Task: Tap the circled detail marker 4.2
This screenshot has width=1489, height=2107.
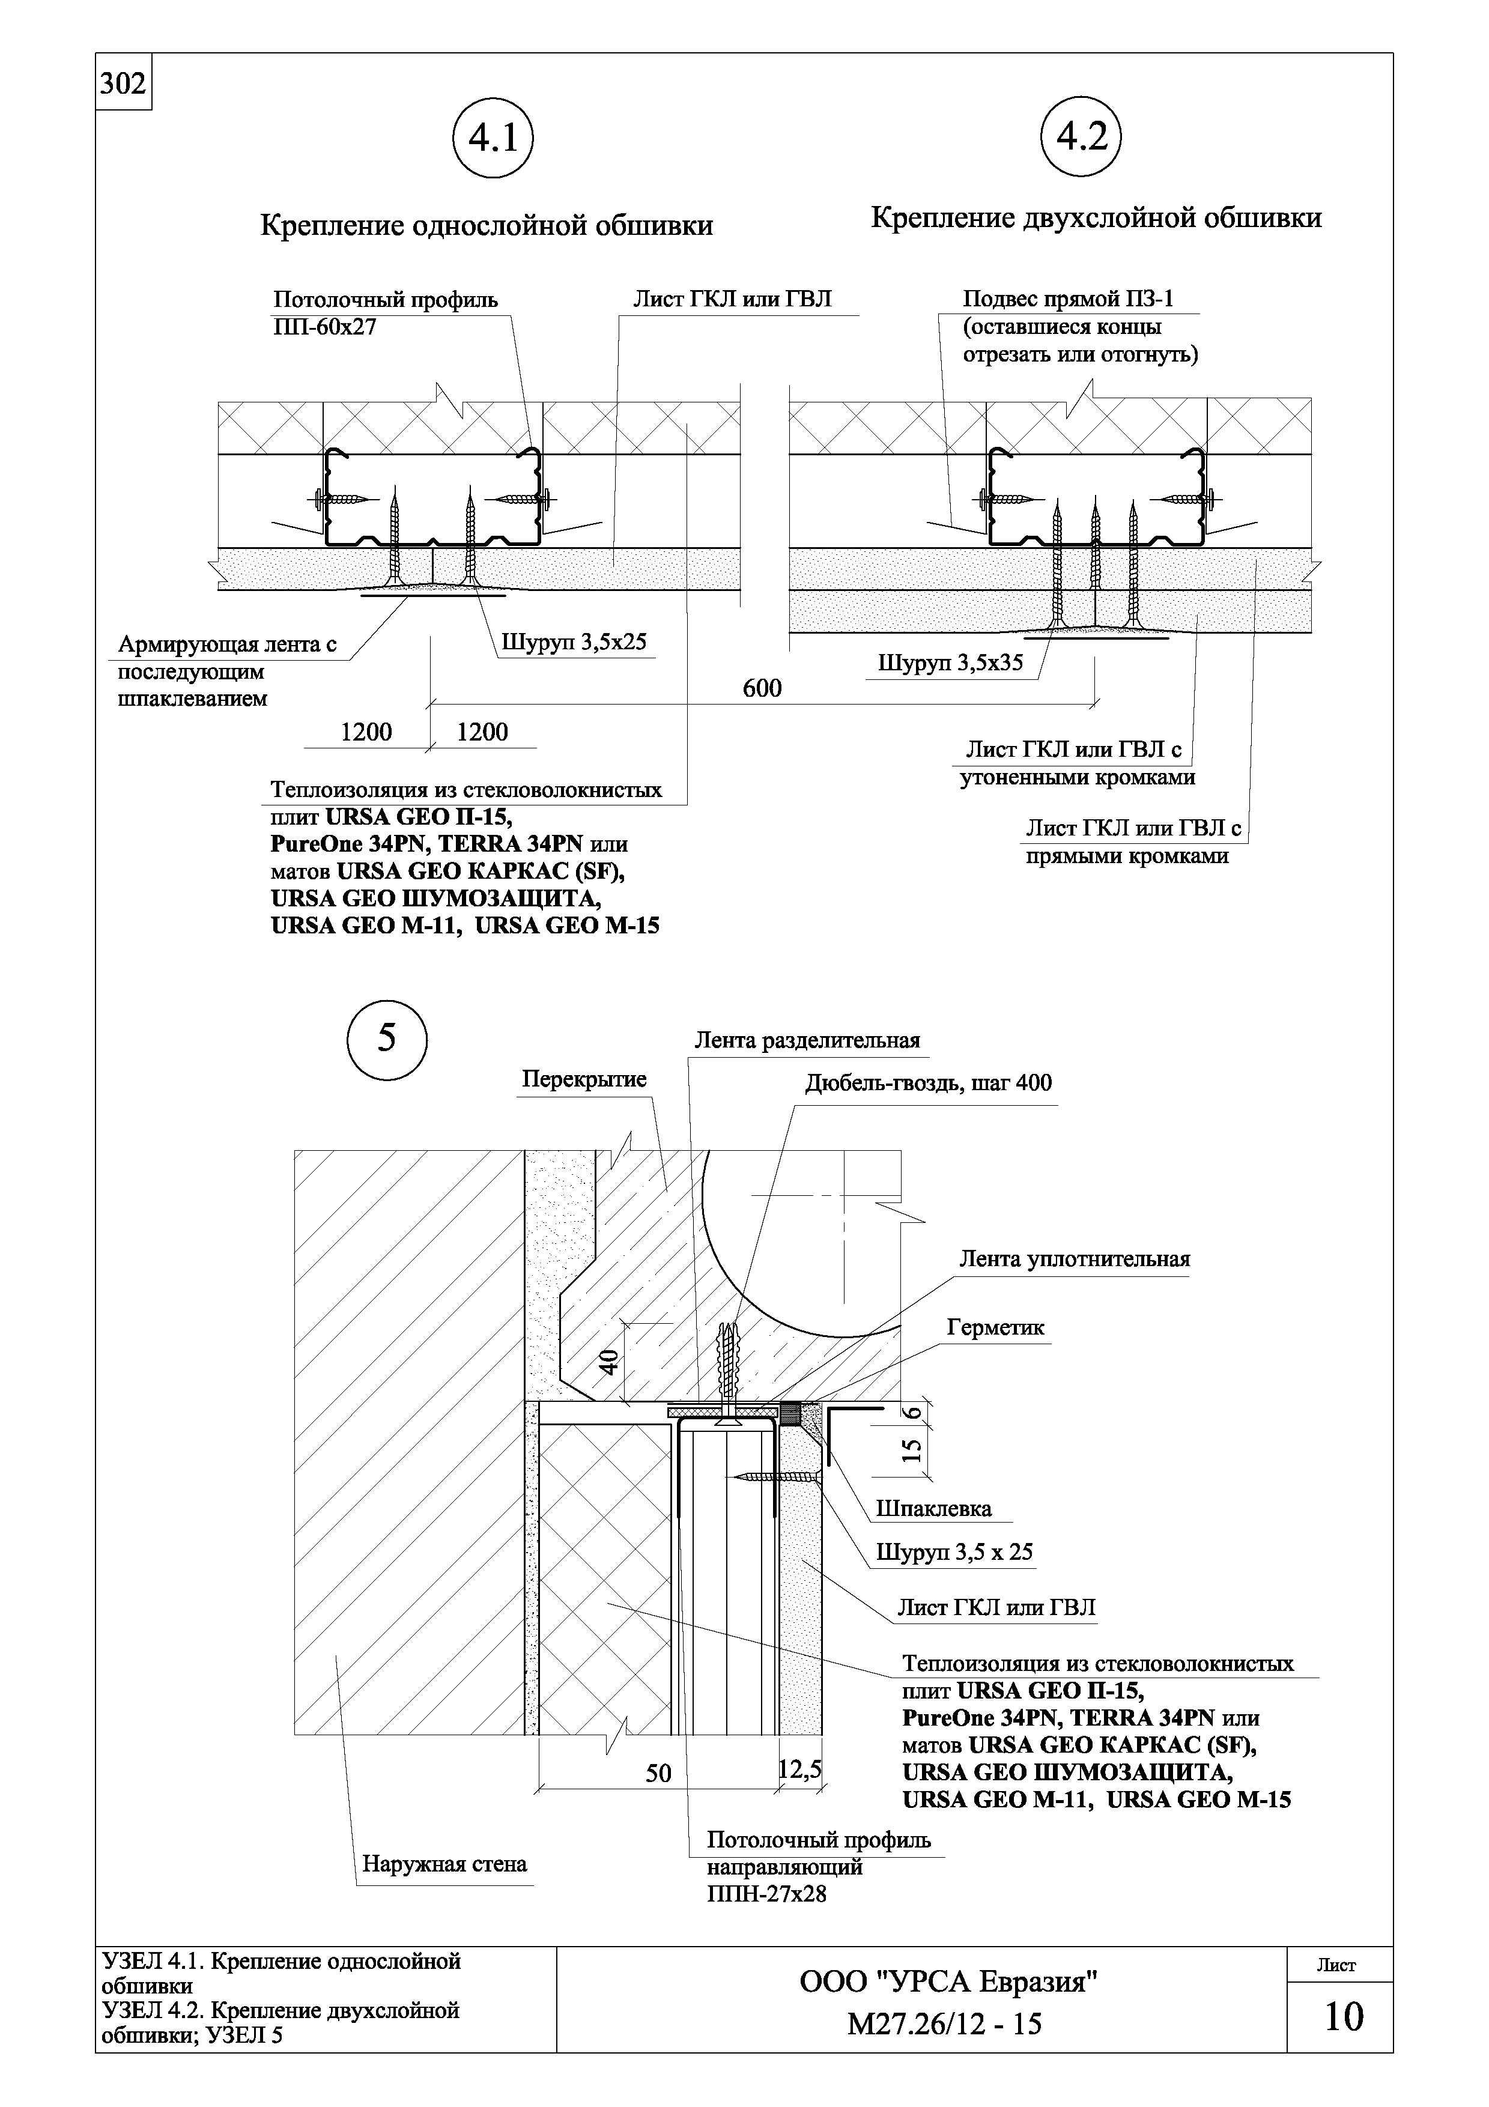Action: [x=1082, y=138]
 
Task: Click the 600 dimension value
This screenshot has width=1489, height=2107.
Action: [x=762, y=688]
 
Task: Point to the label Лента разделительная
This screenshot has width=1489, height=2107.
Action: [x=807, y=1041]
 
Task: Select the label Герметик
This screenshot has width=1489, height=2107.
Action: [x=995, y=1328]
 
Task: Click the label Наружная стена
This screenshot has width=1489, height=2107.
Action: [x=445, y=1864]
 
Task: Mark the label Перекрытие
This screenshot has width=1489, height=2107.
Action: [x=584, y=1079]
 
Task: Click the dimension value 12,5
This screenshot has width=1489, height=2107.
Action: [x=800, y=1768]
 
